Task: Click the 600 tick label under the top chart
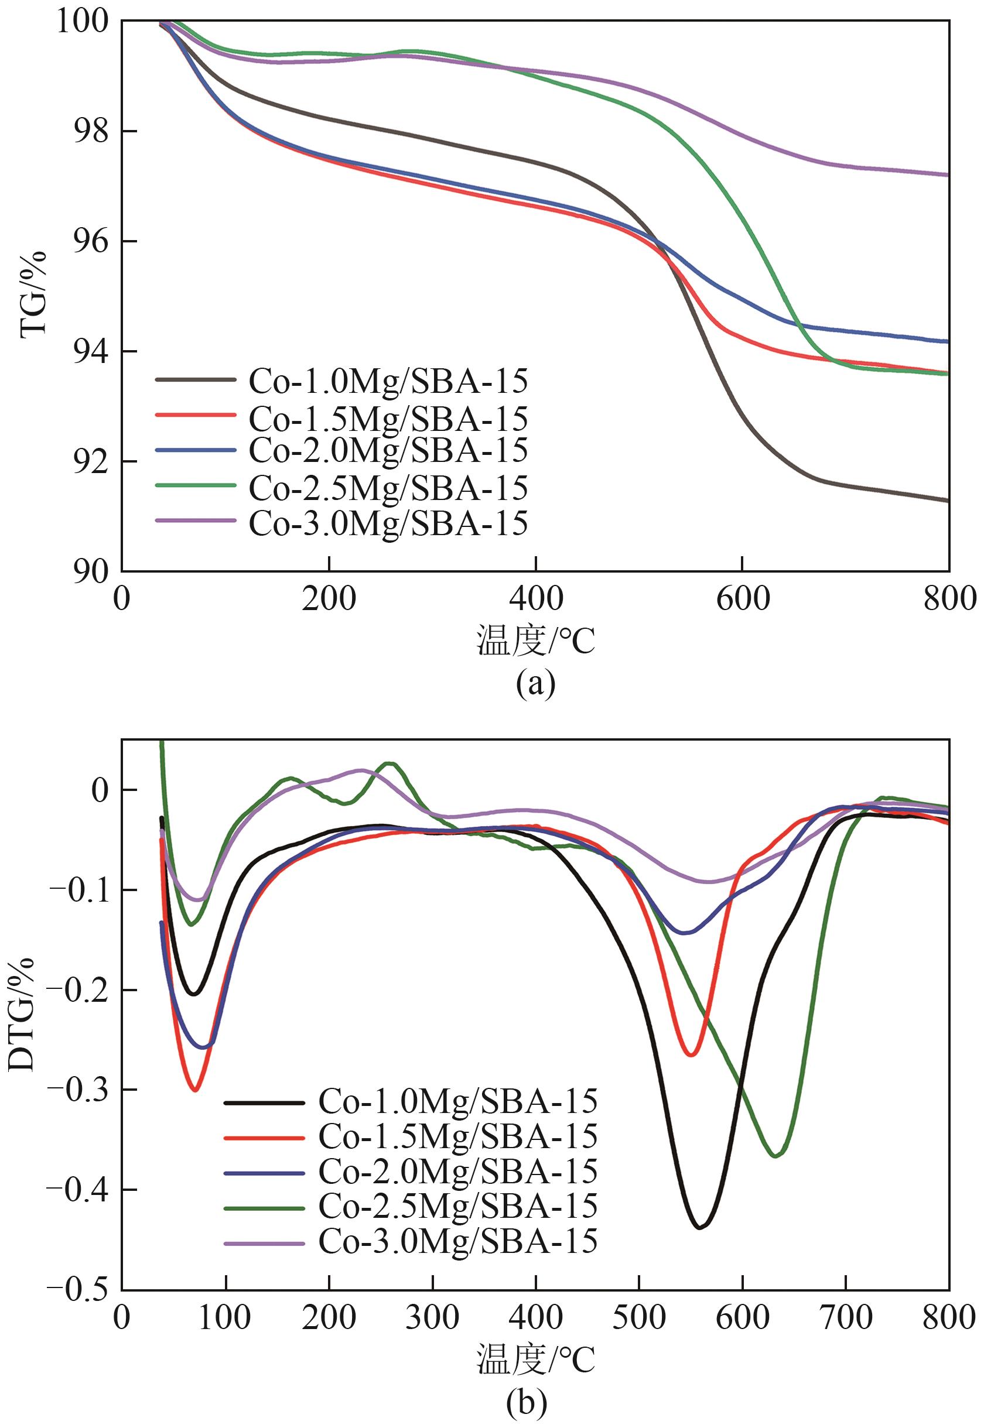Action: (x=742, y=599)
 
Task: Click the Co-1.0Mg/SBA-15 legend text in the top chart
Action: (x=388, y=381)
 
